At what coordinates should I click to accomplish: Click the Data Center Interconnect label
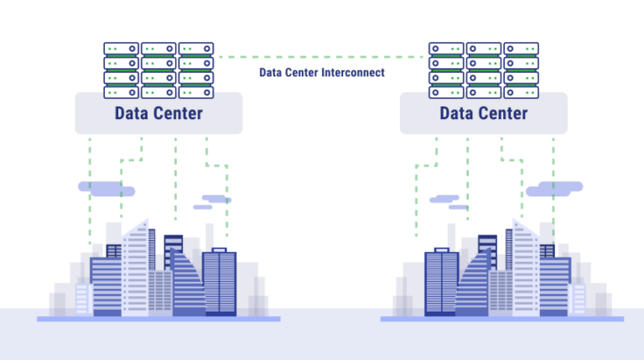(x=322, y=73)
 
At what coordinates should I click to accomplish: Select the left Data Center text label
(x=158, y=113)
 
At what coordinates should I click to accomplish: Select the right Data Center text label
(x=484, y=113)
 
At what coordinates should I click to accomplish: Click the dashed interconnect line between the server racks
(x=322, y=57)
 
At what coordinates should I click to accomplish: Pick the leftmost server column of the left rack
(x=121, y=70)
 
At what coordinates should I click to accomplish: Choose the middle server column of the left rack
(x=158, y=70)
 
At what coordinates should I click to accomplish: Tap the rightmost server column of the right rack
(x=521, y=70)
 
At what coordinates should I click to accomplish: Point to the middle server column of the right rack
(x=484, y=70)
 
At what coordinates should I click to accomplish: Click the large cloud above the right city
(x=554, y=189)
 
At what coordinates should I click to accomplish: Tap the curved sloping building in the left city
(x=189, y=285)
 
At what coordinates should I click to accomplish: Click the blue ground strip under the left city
(x=158, y=319)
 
